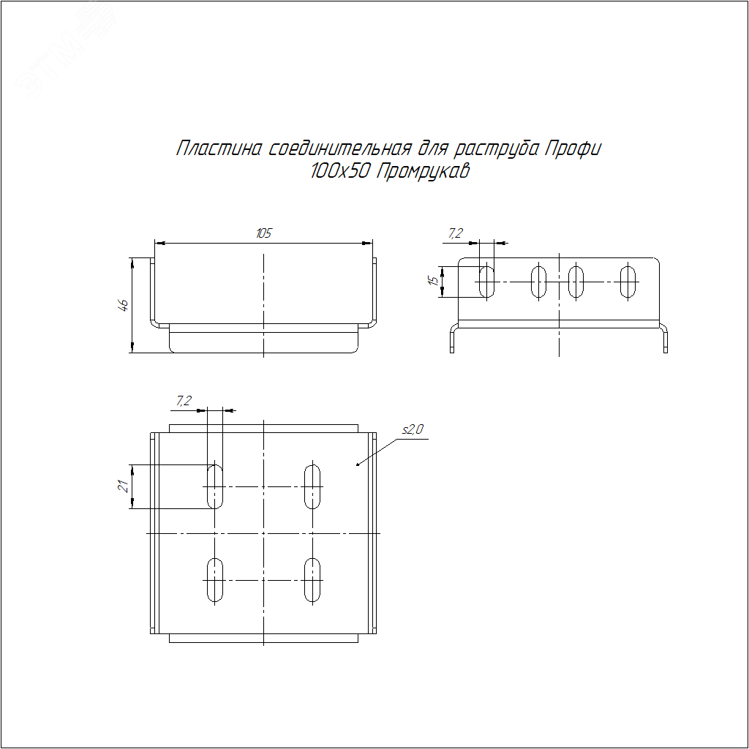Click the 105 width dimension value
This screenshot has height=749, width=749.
tap(264, 233)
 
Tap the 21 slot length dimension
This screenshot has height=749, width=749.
tap(124, 486)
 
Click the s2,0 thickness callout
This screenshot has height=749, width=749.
tap(413, 431)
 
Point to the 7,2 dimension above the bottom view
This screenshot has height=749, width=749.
tap(184, 400)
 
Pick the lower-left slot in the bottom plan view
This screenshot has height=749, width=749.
tap(215, 580)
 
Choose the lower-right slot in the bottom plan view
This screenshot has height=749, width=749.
tap(313, 580)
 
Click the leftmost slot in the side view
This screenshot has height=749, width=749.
tap(486, 282)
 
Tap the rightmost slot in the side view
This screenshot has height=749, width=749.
tap(628, 282)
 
